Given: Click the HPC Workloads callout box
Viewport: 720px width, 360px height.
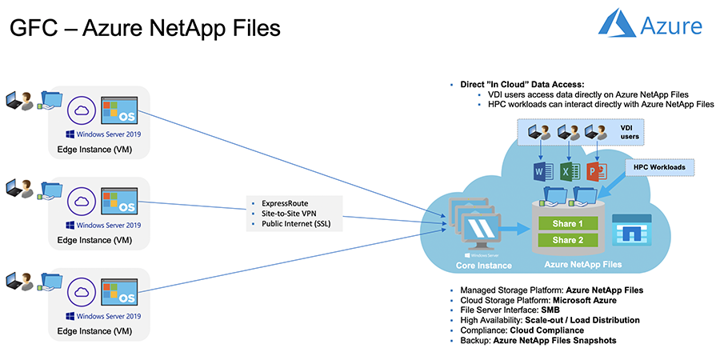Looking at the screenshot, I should click(660, 167).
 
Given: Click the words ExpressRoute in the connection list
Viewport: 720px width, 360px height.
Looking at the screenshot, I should click(274, 203).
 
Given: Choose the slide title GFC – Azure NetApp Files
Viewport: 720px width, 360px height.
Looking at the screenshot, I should click(145, 29).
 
